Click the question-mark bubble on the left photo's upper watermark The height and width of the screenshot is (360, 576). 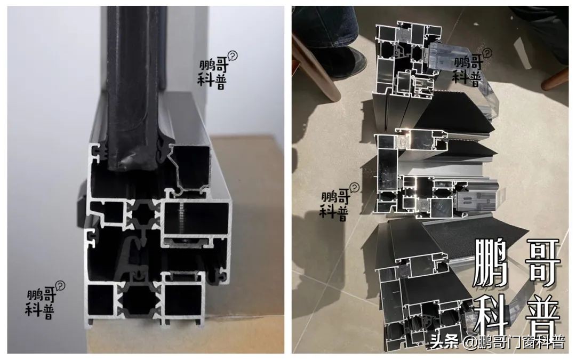click(x=232, y=56)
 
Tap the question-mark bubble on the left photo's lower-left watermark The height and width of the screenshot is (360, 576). click(x=60, y=285)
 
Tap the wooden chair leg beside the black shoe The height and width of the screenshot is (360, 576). click(x=316, y=70)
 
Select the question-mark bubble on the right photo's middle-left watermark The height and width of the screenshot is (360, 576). click(x=354, y=188)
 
